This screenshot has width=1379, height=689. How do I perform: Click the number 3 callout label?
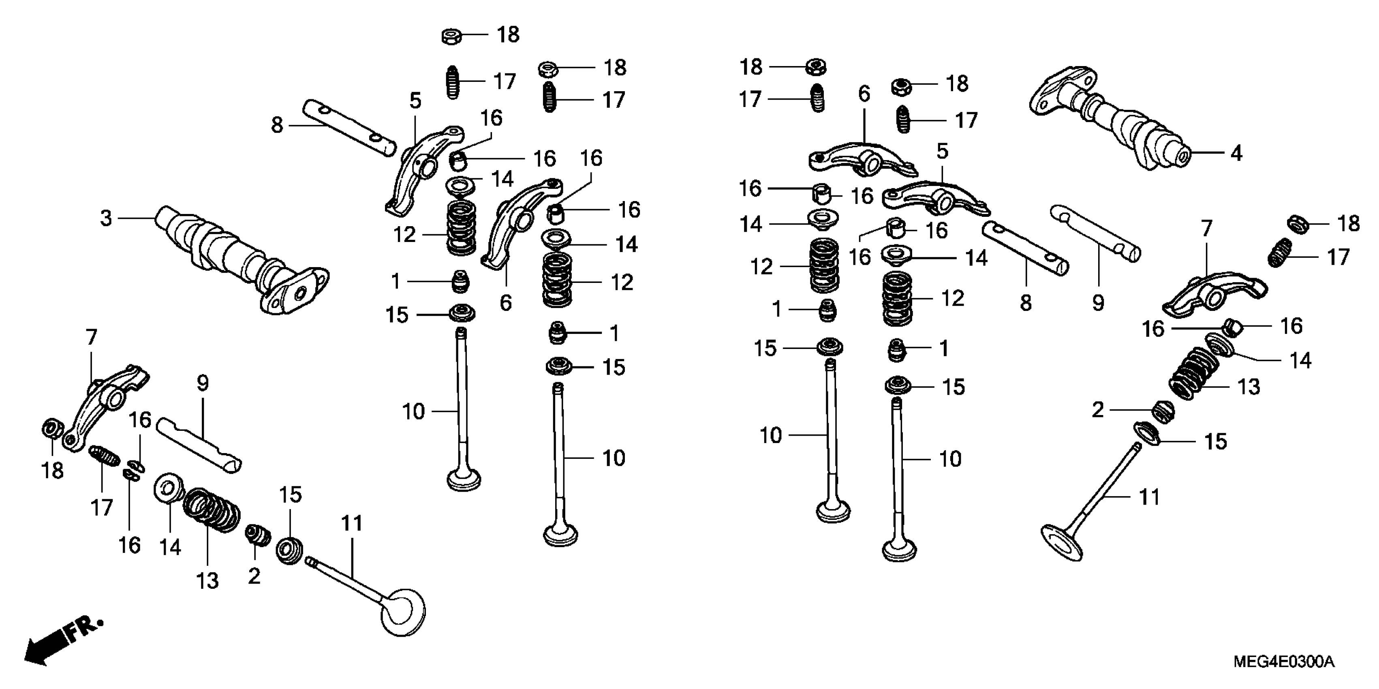tap(106, 218)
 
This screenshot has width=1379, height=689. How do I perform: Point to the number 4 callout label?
tap(1236, 154)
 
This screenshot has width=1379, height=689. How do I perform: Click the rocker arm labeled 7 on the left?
tap(107, 404)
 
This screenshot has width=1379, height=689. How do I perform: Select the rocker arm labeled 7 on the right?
tap(1212, 294)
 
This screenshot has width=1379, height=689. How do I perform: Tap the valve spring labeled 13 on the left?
tap(212, 509)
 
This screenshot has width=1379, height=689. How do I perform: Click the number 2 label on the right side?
tap(1098, 410)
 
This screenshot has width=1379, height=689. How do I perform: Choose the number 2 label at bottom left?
tap(254, 576)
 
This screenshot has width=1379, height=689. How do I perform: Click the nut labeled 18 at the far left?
tap(52, 429)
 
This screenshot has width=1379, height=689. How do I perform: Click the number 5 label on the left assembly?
tap(415, 101)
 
